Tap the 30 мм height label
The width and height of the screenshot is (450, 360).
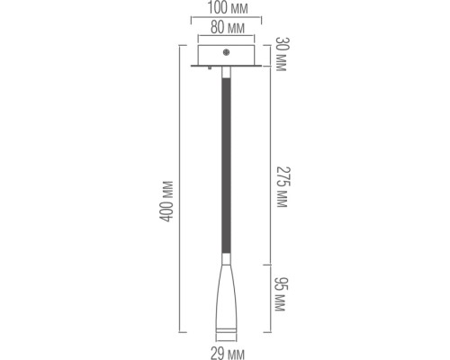pyautogui.click(x=281, y=55)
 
